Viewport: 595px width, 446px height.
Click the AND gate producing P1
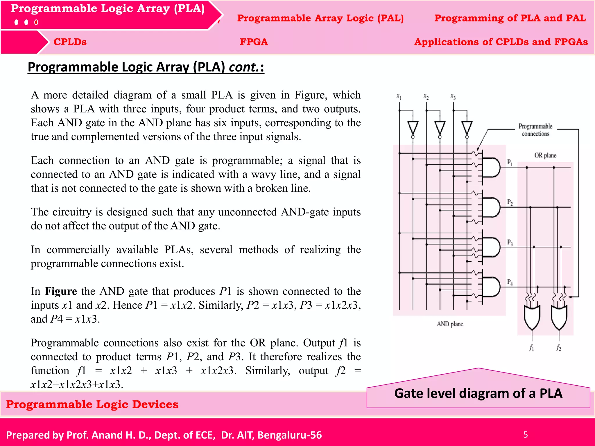point(491,168)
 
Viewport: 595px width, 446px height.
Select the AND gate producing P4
point(491,287)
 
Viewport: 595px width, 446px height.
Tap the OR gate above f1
point(532,317)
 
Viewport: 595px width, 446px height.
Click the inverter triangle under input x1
point(413,128)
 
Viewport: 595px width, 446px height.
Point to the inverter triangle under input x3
point(467,128)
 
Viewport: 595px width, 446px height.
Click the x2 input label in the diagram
point(426,96)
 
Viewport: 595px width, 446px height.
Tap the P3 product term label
point(510,242)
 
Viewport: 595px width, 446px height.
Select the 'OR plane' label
point(545,155)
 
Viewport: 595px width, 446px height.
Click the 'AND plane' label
point(450,324)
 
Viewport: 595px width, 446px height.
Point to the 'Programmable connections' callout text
point(535,130)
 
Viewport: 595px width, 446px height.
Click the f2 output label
point(559,348)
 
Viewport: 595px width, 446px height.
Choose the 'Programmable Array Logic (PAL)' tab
point(320,18)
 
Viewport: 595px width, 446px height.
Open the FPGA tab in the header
point(254,42)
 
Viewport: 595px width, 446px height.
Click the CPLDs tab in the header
point(70,42)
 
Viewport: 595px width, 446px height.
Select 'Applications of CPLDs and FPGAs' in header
point(501,42)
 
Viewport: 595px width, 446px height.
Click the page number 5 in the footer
point(525,434)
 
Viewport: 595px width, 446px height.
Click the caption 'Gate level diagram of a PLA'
point(478,393)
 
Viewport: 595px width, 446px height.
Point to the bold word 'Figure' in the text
point(61,291)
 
